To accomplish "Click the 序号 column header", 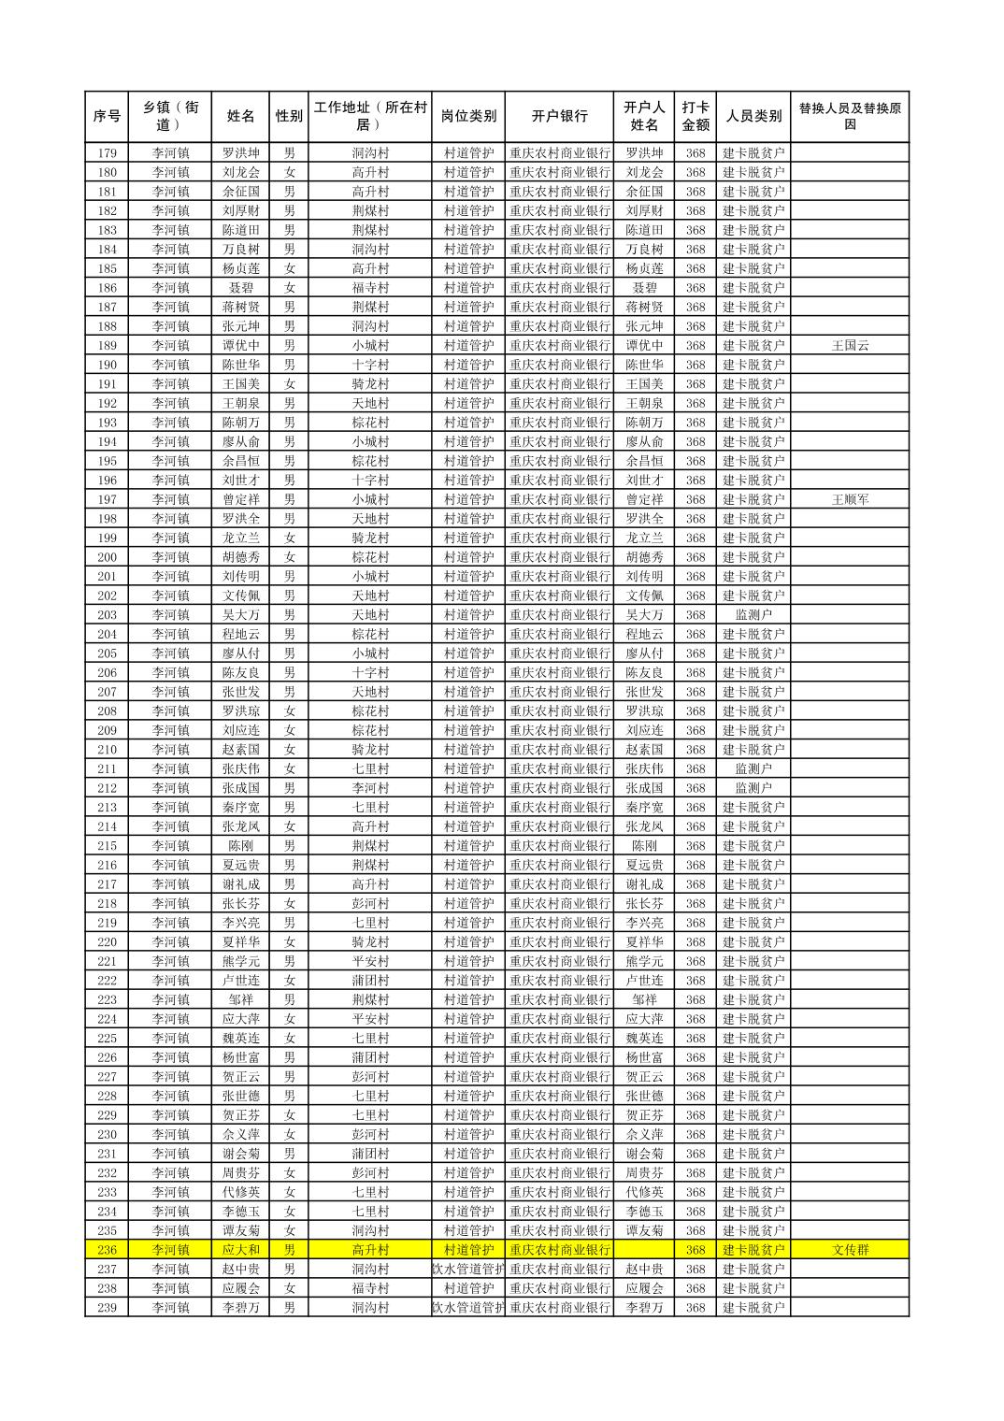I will [107, 117].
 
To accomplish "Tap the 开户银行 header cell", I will [559, 117].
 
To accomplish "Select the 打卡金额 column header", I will [695, 117].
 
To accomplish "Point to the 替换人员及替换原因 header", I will [849, 117].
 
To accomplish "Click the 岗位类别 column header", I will [468, 117].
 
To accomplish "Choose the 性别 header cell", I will [289, 117].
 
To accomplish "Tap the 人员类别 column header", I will [753, 117].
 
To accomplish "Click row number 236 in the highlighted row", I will [107, 1250].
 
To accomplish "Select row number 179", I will [107, 153].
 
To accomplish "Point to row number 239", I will [107, 1308].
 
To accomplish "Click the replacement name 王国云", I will [850, 346].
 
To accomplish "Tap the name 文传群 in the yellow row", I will [850, 1250].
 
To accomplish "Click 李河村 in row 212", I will [370, 788].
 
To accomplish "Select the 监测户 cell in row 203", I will [753, 615].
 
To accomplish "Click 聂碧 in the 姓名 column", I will [240, 288].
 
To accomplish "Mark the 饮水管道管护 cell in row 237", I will [468, 1270].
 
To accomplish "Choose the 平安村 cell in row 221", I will [370, 961].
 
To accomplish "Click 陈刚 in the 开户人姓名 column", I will [644, 846].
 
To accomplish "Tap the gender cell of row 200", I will [289, 557].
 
